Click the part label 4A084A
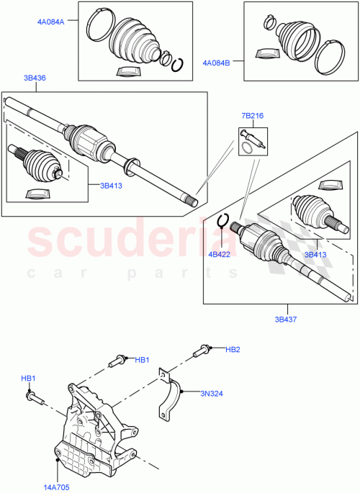(51, 22)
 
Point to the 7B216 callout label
(252, 115)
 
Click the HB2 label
(233, 350)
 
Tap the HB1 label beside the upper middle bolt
(142, 360)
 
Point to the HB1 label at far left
(28, 378)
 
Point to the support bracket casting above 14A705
(94, 425)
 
